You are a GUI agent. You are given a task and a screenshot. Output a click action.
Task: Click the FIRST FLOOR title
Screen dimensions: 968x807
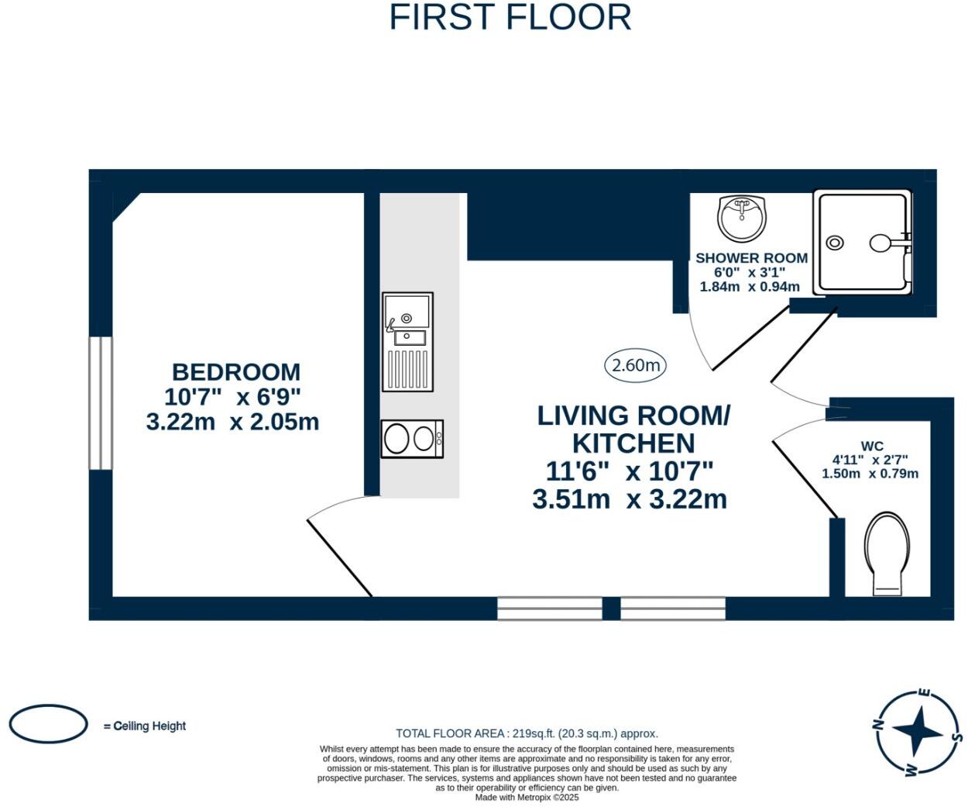(x=510, y=18)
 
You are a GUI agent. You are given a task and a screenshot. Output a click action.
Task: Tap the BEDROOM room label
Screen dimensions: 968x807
(x=236, y=372)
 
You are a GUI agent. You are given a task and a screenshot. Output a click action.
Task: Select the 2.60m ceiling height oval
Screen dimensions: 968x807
(x=635, y=366)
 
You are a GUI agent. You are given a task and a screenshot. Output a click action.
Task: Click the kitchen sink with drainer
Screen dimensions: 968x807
(x=407, y=342)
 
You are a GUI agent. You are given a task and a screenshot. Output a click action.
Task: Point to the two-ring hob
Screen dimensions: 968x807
(x=412, y=439)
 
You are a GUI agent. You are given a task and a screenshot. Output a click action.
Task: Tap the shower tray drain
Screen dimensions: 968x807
(x=835, y=242)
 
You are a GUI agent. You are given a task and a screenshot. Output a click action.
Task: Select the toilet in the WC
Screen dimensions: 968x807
(x=887, y=554)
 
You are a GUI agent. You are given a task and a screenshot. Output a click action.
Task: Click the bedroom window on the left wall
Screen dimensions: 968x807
(x=101, y=403)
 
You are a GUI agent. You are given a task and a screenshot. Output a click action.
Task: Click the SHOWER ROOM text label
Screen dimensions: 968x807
(x=751, y=258)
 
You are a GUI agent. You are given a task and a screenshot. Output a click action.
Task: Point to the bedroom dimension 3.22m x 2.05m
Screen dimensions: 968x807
(x=233, y=422)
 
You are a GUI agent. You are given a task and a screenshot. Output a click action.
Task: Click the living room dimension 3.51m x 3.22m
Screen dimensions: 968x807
(x=630, y=499)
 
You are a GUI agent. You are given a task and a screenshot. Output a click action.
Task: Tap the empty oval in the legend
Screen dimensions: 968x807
(x=48, y=723)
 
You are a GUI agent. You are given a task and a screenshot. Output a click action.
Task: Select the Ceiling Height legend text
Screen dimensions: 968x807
(x=144, y=726)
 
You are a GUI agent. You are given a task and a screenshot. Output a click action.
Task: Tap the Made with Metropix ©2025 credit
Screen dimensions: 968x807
(x=527, y=798)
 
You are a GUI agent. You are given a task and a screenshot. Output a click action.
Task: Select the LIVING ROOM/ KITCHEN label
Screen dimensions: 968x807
(x=633, y=429)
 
